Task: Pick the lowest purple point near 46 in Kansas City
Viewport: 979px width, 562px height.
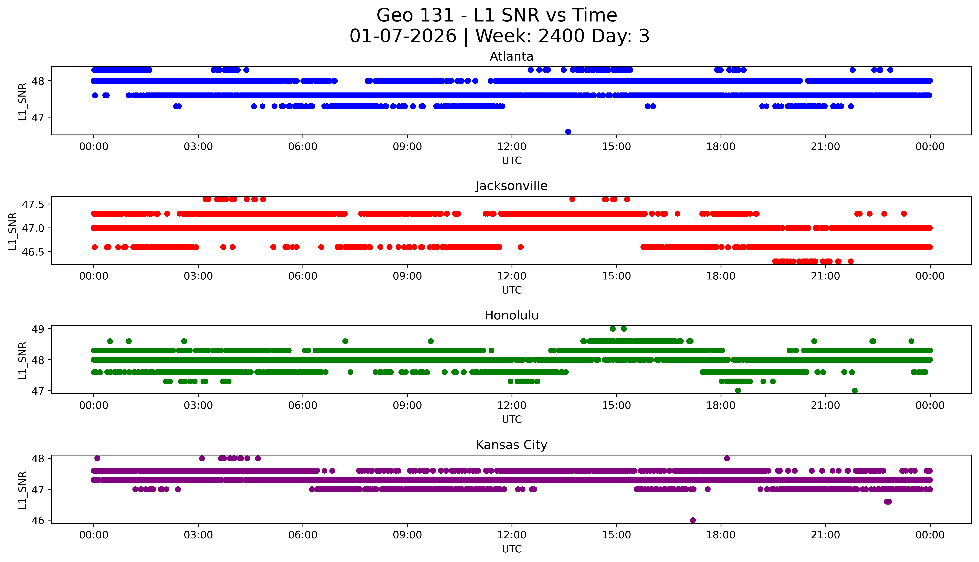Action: [693, 520]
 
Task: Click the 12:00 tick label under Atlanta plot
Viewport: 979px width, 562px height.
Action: [512, 147]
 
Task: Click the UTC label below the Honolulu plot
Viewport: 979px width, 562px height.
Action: [512, 420]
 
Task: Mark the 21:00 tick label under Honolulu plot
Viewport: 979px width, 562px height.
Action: [825, 406]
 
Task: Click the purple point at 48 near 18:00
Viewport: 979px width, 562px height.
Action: [727, 458]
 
